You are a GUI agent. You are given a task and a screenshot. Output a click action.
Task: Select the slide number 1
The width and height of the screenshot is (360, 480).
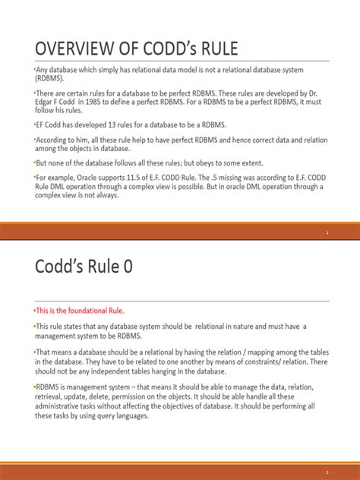(x=327, y=233)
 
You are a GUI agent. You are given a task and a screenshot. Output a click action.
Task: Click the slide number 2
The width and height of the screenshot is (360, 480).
(x=327, y=471)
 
